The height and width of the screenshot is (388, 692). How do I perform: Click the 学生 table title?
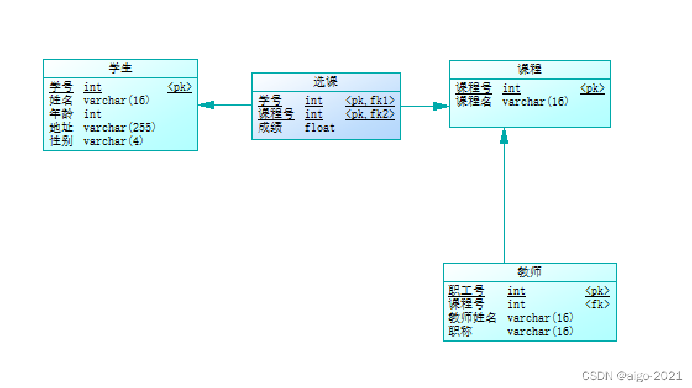(x=120, y=68)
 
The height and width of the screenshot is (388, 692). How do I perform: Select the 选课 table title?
(x=326, y=82)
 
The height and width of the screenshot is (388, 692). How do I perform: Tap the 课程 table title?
(x=530, y=69)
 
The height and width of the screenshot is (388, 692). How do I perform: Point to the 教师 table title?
(x=530, y=272)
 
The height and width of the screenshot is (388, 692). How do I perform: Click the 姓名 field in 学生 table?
(x=61, y=100)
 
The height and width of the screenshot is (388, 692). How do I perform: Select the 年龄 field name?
(x=61, y=114)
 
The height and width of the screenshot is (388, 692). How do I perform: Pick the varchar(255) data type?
(x=120, y=127)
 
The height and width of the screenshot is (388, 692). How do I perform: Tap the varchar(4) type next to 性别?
(x=114, y=141)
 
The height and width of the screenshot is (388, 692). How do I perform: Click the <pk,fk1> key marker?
(x=369, y=100)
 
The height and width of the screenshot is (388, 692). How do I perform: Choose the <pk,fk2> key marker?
(x=369, y=114)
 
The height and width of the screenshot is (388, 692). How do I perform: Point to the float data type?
(x=319, y=127)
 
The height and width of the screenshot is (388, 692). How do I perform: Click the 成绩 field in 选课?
(x=269, y=127)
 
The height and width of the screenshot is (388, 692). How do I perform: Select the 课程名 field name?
(x=473, y=101)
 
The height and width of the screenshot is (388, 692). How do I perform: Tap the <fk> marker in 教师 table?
(x=597, y=304)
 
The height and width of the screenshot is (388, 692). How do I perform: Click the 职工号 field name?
(x=466, y=290)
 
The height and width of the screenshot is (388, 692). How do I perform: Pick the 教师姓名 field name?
(x=473, y=318)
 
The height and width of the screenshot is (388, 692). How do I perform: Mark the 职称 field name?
(x=460, y=331)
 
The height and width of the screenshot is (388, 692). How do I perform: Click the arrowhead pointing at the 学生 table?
(x=208, y=105)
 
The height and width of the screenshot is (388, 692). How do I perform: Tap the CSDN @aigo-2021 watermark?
(x=632, y=376)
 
